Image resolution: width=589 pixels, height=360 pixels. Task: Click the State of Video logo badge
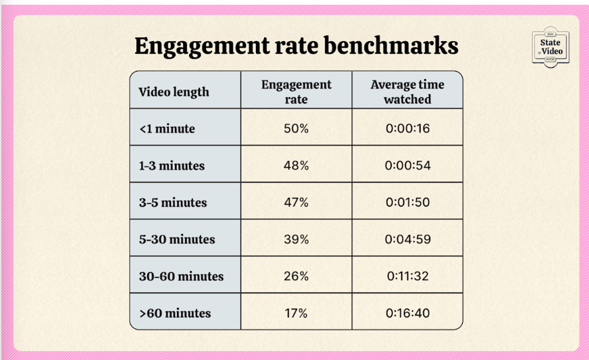[550, 47]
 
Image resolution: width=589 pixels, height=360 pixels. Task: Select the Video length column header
[174, 92]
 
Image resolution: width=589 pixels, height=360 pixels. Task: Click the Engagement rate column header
[296, 92]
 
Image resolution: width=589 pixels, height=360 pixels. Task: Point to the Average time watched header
[407, 92]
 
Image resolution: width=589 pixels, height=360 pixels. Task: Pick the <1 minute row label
[167, 128]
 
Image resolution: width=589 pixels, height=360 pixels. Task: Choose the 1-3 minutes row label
[172, 165]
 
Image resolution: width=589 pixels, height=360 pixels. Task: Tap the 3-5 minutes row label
[173, 203]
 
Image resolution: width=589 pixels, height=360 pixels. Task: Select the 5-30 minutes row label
[177, 239]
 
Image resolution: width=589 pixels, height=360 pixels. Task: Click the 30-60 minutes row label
[181, 276]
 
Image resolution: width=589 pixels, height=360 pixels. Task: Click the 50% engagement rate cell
[296, 128]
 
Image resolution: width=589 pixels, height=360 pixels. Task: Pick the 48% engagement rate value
[296, 165]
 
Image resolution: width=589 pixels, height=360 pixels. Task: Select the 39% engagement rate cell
[296, 239]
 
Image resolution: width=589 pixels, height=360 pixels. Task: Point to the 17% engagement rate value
[296, 313]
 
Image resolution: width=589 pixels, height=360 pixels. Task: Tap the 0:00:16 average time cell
[407, 128]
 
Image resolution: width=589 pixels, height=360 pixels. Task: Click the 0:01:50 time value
[407, 203]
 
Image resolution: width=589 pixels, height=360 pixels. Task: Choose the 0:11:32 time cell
[407, 276]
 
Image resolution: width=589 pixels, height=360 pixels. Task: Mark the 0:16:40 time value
[407, 313]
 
